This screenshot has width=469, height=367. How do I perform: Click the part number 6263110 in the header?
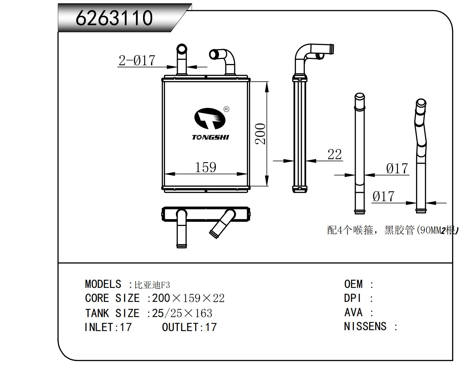pyautogui.click(x=114, y=18)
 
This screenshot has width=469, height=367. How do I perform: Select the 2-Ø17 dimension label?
pyautogui.click(x=137, y=60)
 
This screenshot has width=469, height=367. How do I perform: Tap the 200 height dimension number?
pyautogui.click(x=261, y=134)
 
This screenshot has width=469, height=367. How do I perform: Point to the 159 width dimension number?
pyautogui.click(x=205, y=167)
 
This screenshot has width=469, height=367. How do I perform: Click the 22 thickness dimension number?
pyautogui.click(x=335, y=154)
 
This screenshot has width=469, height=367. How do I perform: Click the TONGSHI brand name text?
pyautogui.click(x=211, y=137)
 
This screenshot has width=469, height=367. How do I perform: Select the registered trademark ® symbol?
pyautogui.click(x=226, y=109)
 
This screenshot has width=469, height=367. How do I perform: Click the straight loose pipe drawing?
pyautogui.click(x=360, y=155)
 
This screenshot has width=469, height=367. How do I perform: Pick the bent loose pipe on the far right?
pyautogui.click(x=421, y=155)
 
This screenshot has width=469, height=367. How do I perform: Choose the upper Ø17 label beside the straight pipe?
pyautogui.click(x=397, y=168)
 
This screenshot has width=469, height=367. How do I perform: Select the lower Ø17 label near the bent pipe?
pyautogui.click(x=383, y=196)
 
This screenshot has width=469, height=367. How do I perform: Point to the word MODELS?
pyautogui.click(x=103, y=284)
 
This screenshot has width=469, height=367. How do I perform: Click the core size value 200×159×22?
pyautogui.click(x=188, y=298)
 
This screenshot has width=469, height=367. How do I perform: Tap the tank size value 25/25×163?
pyautogui.click(x=182, y=313)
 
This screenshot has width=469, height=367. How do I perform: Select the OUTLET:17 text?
pyautogui.click(x=189, y=327)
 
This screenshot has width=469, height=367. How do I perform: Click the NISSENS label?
pyautogui.click(x=365, y=327)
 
